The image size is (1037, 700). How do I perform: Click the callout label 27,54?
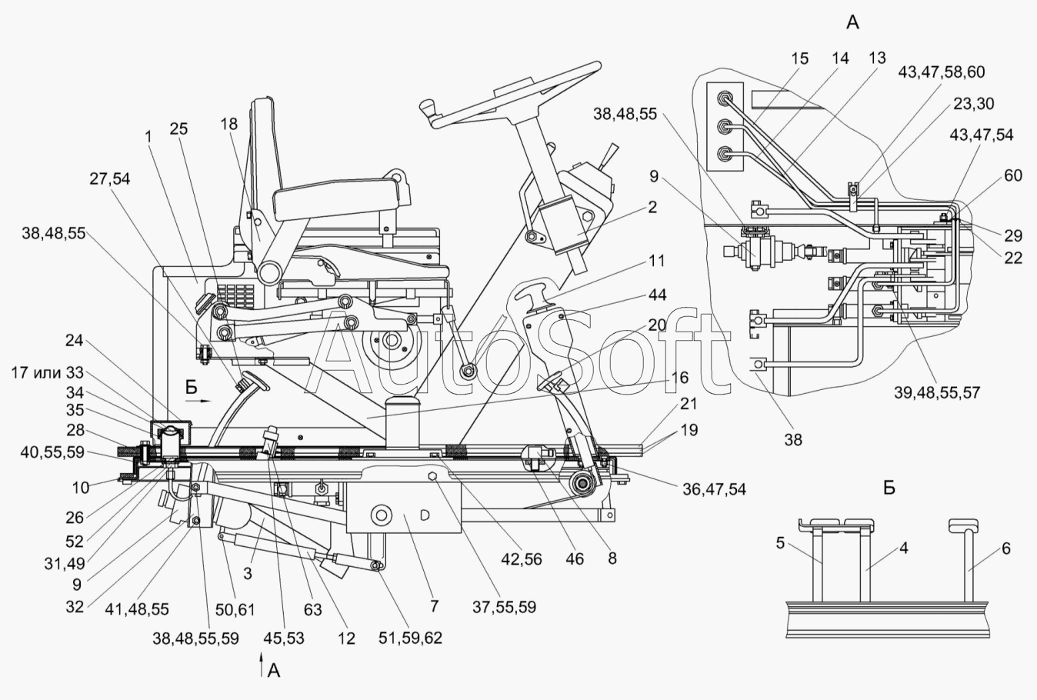click(110, 178)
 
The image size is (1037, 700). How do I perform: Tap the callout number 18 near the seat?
click(228, 124)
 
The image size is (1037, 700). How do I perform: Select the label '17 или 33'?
click(48, 372)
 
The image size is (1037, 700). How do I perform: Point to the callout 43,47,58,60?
click(942, 72)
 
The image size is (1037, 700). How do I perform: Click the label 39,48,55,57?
click(936, 393)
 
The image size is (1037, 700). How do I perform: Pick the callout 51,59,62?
click(410, 638)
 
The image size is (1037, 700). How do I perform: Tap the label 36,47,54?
click(715, 489)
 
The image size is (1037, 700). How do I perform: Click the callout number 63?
click(313, 610)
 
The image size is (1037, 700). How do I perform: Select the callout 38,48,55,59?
click(196, 638)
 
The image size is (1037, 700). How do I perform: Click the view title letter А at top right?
click(852, 22)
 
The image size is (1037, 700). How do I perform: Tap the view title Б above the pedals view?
click(889, 488)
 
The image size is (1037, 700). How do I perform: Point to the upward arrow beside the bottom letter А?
click(262, 666)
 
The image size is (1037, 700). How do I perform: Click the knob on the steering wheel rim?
click(428, 110)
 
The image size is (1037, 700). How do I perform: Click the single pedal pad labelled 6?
click(963, 525)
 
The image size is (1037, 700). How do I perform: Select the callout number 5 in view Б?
click(781, 543)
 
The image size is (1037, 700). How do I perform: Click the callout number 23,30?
click(974, 104)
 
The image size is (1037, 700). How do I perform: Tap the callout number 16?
click(679, 378)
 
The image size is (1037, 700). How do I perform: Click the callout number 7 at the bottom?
click(434, 605)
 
